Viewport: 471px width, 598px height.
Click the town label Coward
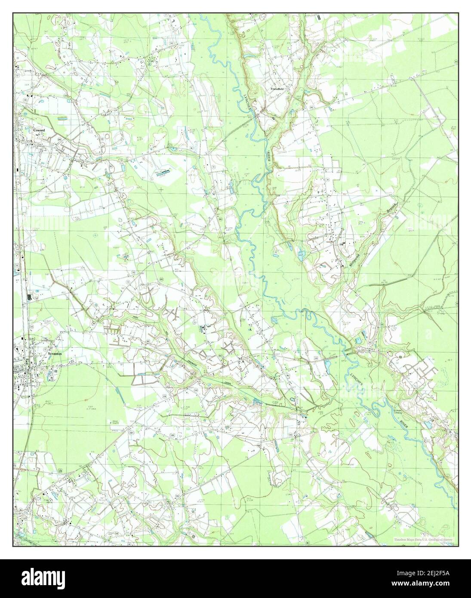pos(39,129)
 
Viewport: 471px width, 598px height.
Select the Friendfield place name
pos(277,89)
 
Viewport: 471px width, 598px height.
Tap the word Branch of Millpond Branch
pos(390,210)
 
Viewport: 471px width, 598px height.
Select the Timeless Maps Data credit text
pos(423,539)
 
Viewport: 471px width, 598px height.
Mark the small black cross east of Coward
pos(161,189)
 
